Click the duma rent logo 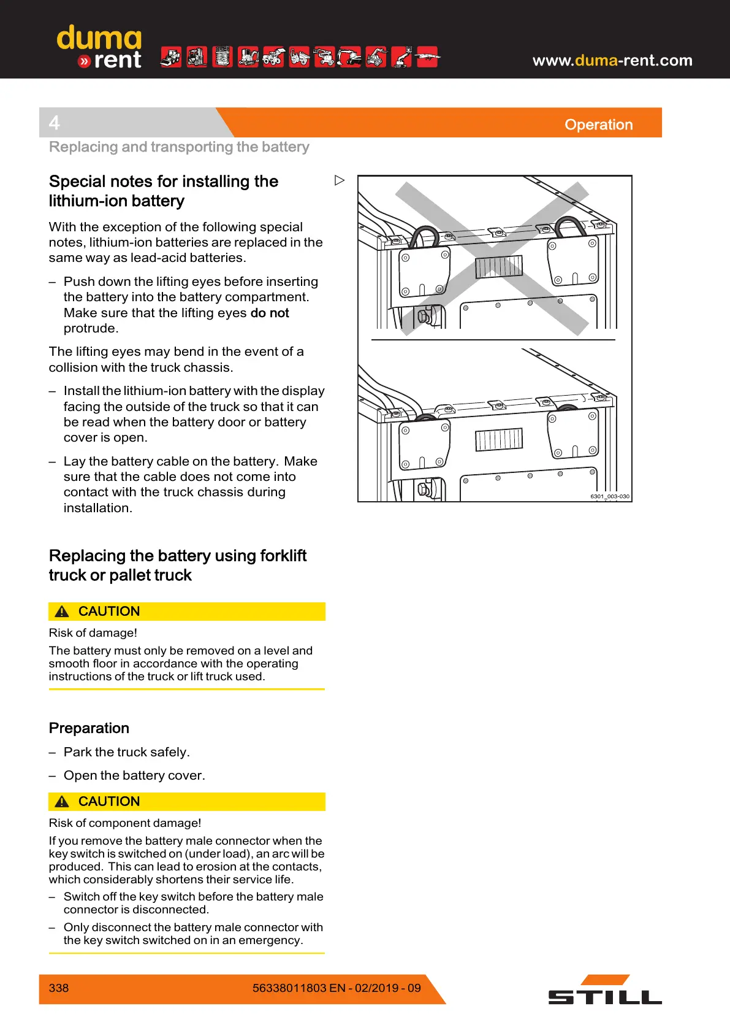click(99, 47)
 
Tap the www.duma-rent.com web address click(612, 60)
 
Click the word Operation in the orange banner click(598, 125)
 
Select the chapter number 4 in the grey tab click(55, 123)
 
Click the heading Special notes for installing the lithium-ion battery click(163, 191)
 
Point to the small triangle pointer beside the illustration click(340, 180)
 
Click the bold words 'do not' click(270, 313)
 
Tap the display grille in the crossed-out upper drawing click(499, 267)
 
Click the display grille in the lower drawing click(499, 439)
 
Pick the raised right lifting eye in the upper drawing click(568, 225)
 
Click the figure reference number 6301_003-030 click(609, 496)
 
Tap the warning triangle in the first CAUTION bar click(62, 612)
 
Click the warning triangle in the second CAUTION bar click(62, 802)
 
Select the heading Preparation click(89, 728)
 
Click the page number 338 click(59, 988)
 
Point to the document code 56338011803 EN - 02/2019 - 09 click(336, 988)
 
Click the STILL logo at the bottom click(604, 990)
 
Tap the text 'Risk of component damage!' click(125, 823)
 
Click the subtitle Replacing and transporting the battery click(179, 147)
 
